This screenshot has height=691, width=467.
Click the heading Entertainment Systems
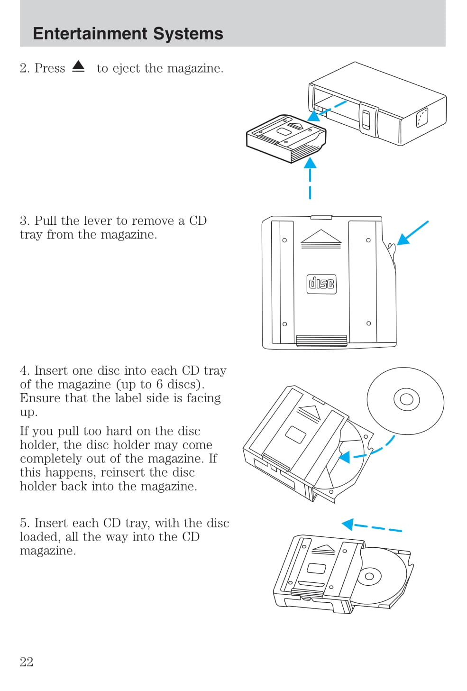128,34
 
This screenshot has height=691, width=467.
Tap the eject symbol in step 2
79,67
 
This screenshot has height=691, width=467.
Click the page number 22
27,662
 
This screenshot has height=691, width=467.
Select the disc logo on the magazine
321,284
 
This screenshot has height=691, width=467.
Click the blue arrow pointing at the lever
412,233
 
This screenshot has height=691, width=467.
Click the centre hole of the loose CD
406,399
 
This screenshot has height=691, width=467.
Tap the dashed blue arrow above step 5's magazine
371,526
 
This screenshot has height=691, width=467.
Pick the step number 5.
24,523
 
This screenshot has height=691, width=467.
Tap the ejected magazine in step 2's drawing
286,138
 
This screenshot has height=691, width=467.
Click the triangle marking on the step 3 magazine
321,237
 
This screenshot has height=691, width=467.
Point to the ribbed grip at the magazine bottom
321,340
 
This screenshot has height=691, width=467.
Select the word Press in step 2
50,68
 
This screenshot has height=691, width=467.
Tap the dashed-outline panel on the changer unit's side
421,117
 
